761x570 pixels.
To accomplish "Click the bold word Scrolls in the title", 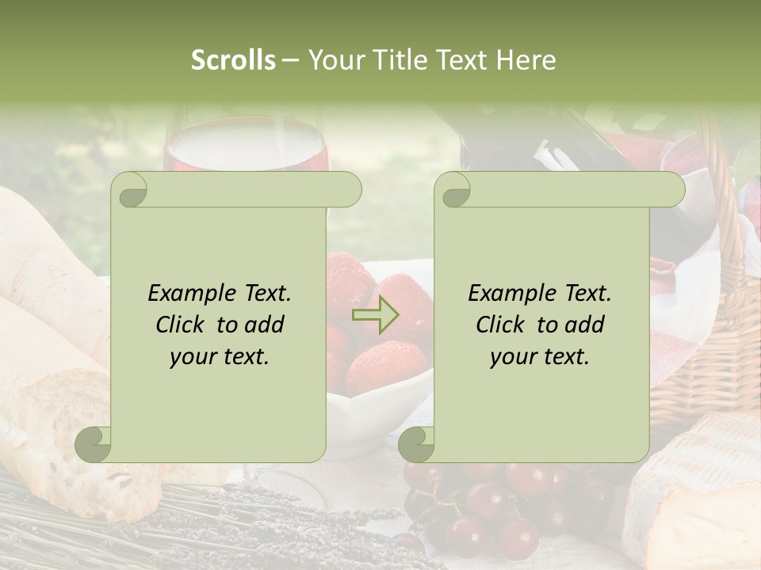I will pyautogui.click(x=233, y=60).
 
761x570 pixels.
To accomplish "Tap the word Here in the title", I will pyautogui.click(x=526, y=60).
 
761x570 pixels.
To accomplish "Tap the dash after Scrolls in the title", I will pyautogui.click(x=291, y=60).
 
